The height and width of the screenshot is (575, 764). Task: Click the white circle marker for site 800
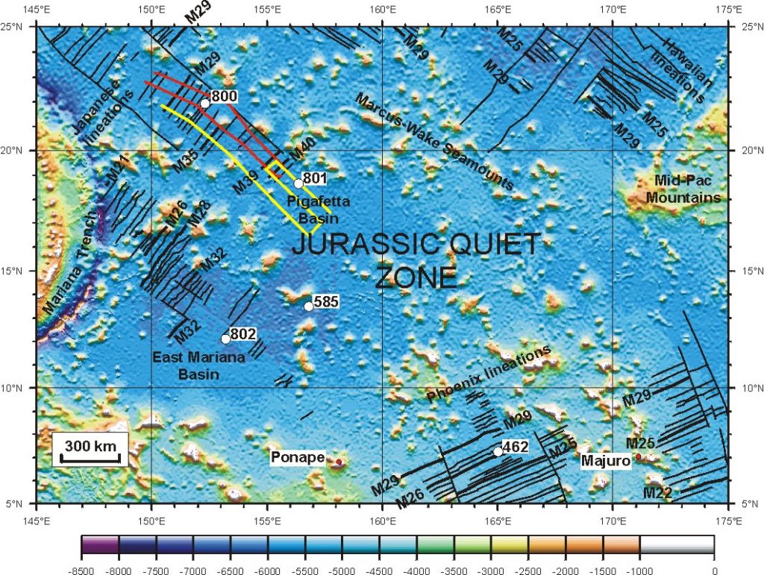coord(204,103)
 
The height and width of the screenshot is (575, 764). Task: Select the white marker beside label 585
coord(309,306)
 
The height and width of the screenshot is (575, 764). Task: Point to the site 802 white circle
coord(225,339)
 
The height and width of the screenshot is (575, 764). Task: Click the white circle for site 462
coord(498,451)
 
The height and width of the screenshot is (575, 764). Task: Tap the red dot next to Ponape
coord(338,462)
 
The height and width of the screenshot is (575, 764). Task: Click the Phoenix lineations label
coord(489,373)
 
